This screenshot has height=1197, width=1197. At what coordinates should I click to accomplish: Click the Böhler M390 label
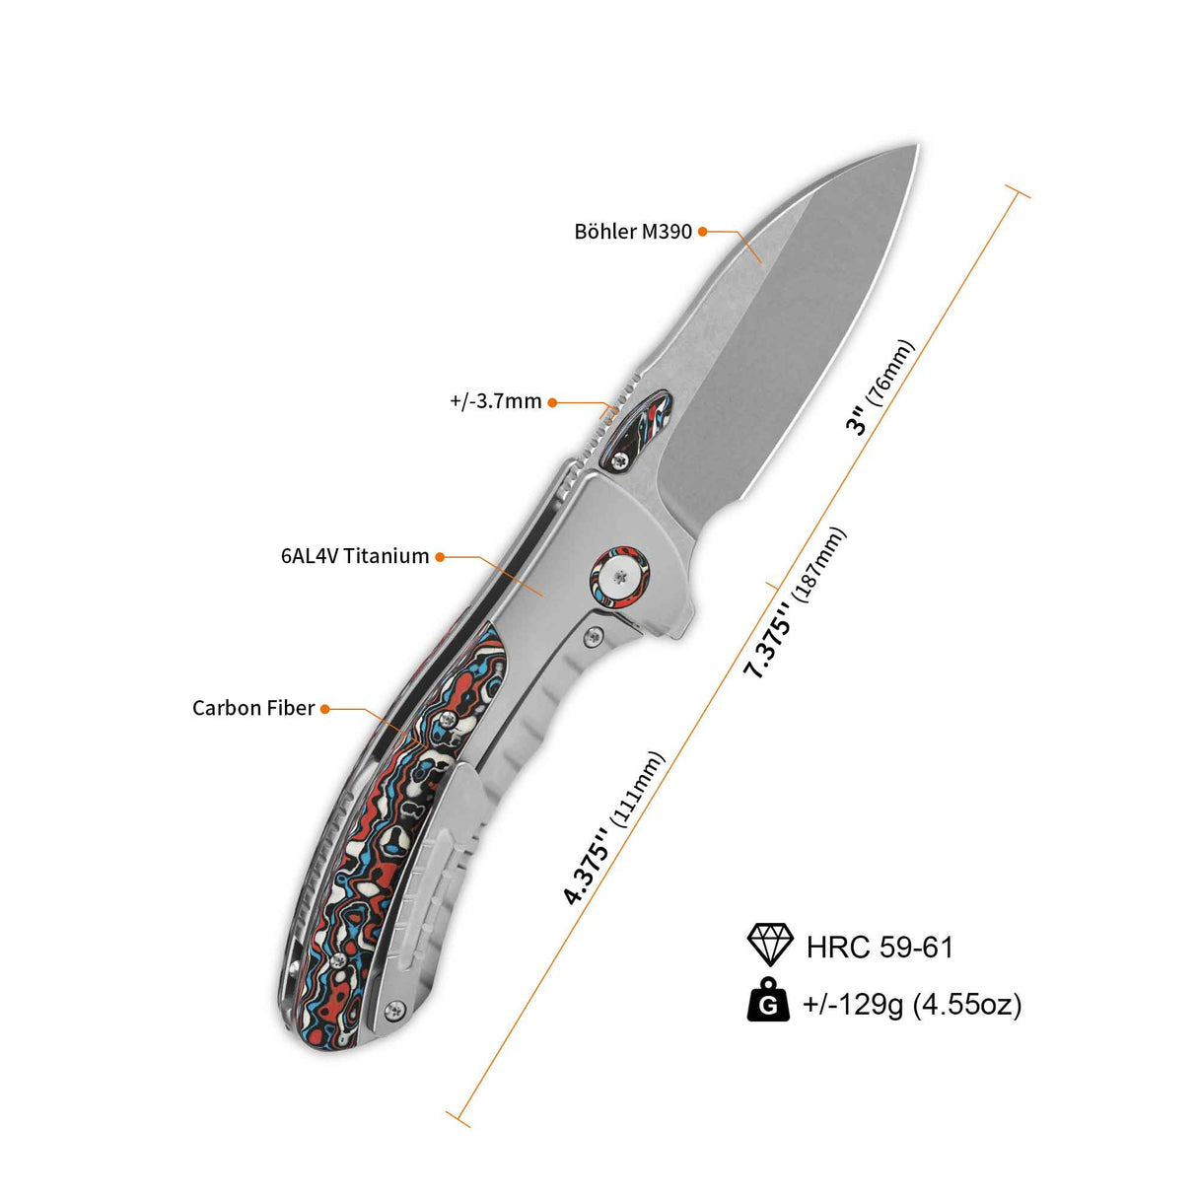pos(632,231)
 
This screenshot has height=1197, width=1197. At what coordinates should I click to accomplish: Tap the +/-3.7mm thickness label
pos(496,402)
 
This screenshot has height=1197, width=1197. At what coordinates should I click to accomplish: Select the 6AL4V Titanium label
pos(355,555)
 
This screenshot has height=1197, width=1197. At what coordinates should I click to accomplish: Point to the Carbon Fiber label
pos(253,708)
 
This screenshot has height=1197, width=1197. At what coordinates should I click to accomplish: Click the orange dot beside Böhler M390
pos(703,232)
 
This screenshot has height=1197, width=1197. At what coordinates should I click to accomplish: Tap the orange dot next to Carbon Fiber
pos(324,709)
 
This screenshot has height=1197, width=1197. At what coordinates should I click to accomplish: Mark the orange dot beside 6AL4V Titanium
pos(440,556)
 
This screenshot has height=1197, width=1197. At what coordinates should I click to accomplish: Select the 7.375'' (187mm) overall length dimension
pos(795,603)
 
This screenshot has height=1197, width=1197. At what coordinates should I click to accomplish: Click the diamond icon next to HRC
pos(770,945)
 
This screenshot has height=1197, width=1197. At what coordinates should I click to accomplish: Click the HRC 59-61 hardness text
pos(880,948)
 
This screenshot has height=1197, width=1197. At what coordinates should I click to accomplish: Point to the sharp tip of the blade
pos(917,146)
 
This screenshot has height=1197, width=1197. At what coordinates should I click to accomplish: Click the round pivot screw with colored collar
pos(618,576)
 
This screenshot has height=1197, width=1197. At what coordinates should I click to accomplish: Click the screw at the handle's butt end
pos(393,1009)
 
